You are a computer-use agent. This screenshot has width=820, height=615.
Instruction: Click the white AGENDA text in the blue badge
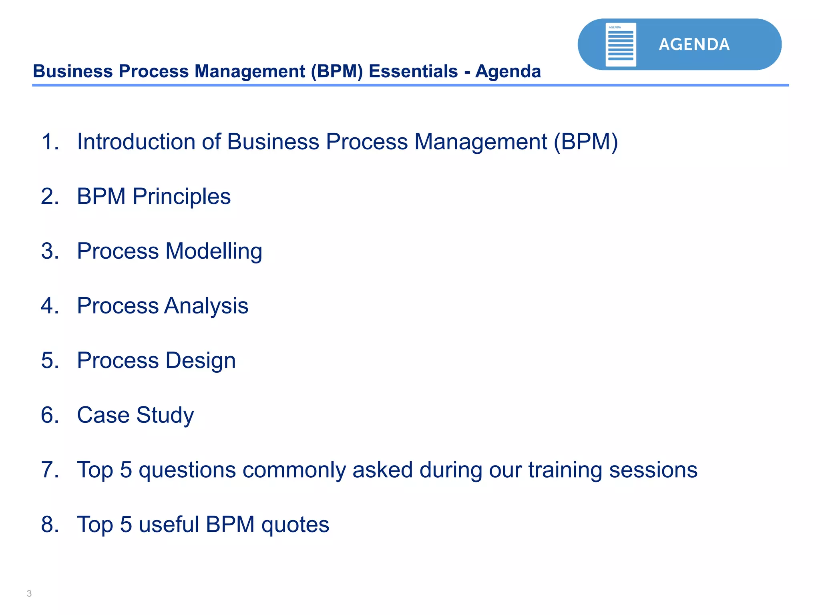(x=694, y=44)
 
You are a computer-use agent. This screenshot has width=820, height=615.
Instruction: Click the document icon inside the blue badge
(x=620, y=44)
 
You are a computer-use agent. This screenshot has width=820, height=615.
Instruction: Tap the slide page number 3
(x=29, y=593)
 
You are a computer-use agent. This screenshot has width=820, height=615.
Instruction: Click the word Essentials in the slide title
(x=413, y=71)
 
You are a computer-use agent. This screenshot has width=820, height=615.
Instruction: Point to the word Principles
(x=181, y=197)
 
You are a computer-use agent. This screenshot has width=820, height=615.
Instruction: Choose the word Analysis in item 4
(x=206, y=306)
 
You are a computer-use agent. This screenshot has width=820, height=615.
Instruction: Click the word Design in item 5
(x=200, y=360)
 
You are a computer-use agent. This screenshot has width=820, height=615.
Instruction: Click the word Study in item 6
(x=165, y=416)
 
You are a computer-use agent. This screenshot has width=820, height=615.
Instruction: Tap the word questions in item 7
(x=187, y=470)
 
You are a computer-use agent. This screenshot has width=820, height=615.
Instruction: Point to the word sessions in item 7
(x=653, y=470)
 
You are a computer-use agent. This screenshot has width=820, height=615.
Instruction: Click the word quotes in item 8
(x=295, y=525)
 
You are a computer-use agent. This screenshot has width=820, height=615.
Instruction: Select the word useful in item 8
(x=169, y=525)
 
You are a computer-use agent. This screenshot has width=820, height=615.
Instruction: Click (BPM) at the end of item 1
(x=586, y=142)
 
